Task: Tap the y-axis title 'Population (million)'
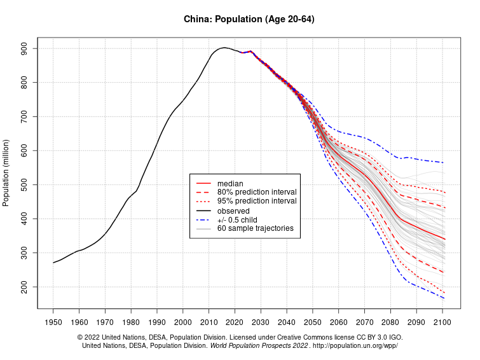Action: point(6,172)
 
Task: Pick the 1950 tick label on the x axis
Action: point(53,322)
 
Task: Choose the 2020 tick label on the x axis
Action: point(235,322)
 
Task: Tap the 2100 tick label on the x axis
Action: point(442,322)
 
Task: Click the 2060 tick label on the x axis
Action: point(338,322)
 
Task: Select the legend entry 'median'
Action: point(230,183)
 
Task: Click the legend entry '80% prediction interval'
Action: point(257,192)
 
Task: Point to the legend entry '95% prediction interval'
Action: point(257,201)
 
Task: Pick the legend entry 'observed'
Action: point(233,211)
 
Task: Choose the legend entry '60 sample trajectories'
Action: point(255,228)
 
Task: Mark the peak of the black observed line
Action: point(223,48)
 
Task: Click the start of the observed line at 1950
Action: point(53,263)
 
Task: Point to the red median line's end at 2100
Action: point(444,239)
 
